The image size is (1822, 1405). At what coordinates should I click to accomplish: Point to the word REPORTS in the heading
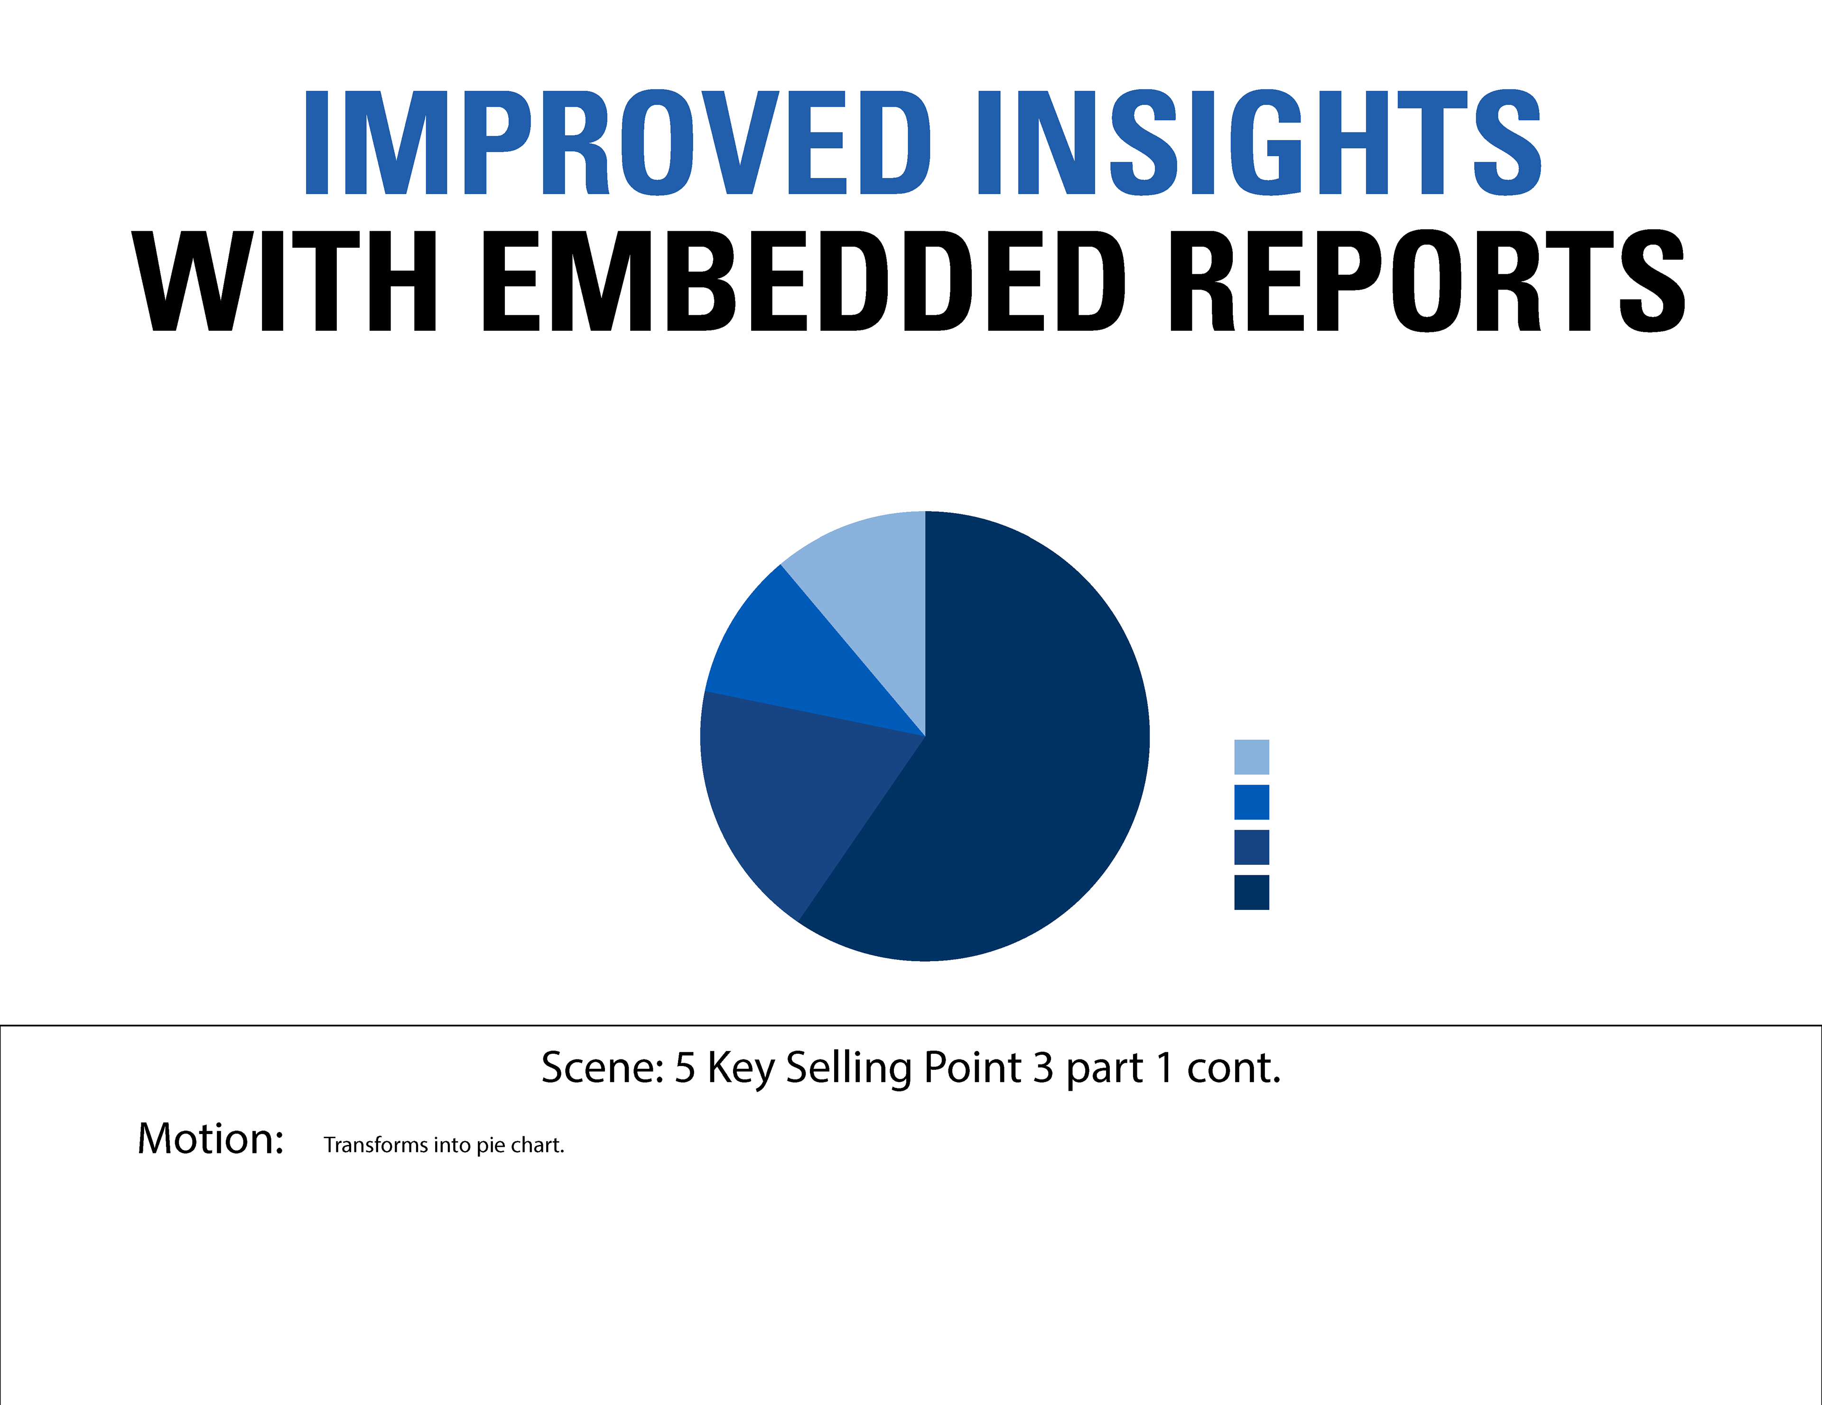click(1427, 281)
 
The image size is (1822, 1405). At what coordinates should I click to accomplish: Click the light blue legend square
click(1251, 757)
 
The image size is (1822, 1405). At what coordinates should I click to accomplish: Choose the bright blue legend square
click(1251, 802)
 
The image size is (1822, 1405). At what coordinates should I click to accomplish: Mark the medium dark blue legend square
click(1251, 847)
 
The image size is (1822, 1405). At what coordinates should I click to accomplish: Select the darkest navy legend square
click(1251, 892)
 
